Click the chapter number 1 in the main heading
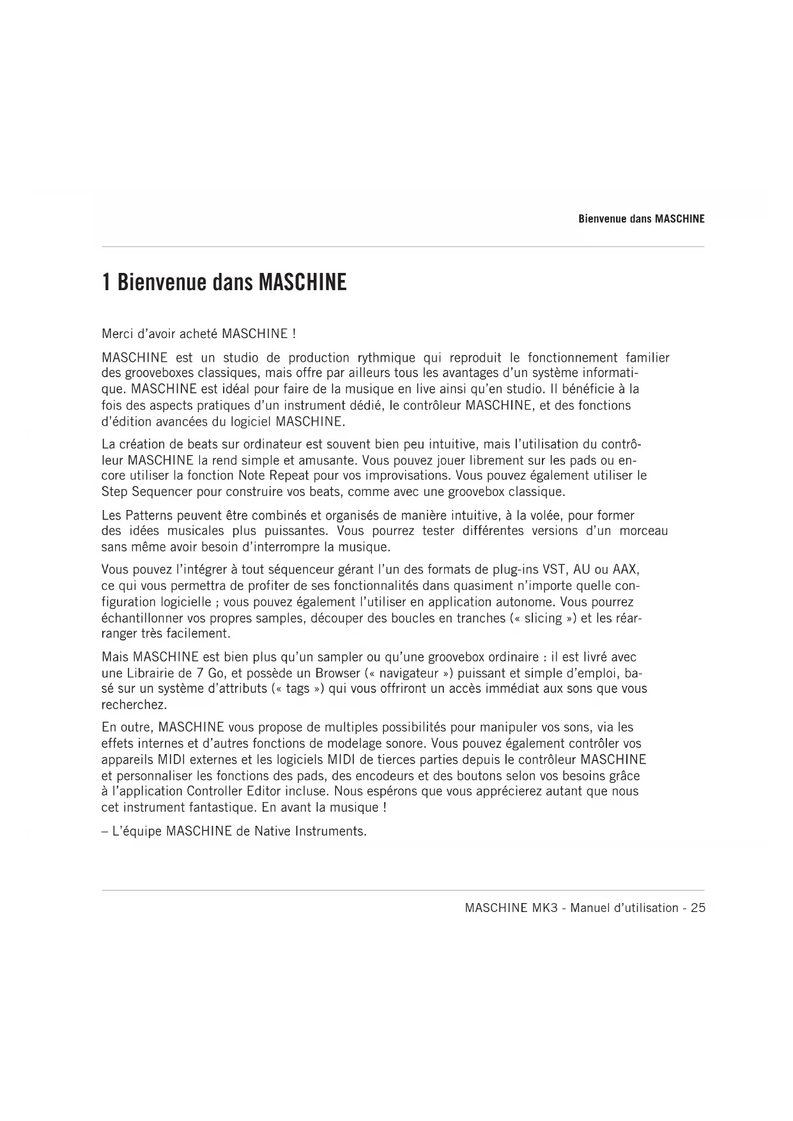click(x=106, y=282)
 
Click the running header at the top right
click(x=641, y=219)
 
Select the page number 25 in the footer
click(x=698, y=908)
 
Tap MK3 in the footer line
click(x=545, y=908)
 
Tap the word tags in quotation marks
click(x=297, y=689)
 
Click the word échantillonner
click(x=142, y=618)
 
